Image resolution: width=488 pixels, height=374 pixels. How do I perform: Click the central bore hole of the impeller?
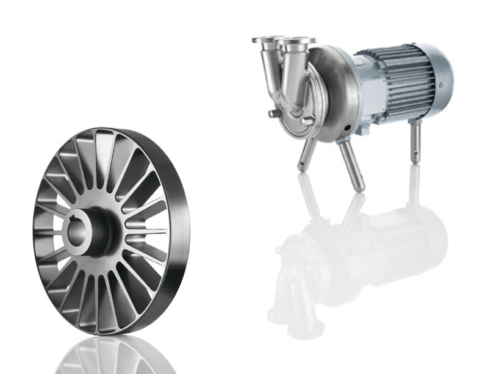point(80,230)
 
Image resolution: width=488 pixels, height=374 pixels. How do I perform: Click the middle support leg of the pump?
point(353,167)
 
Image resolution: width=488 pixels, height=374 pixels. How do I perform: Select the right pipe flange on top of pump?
point(298,42)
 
